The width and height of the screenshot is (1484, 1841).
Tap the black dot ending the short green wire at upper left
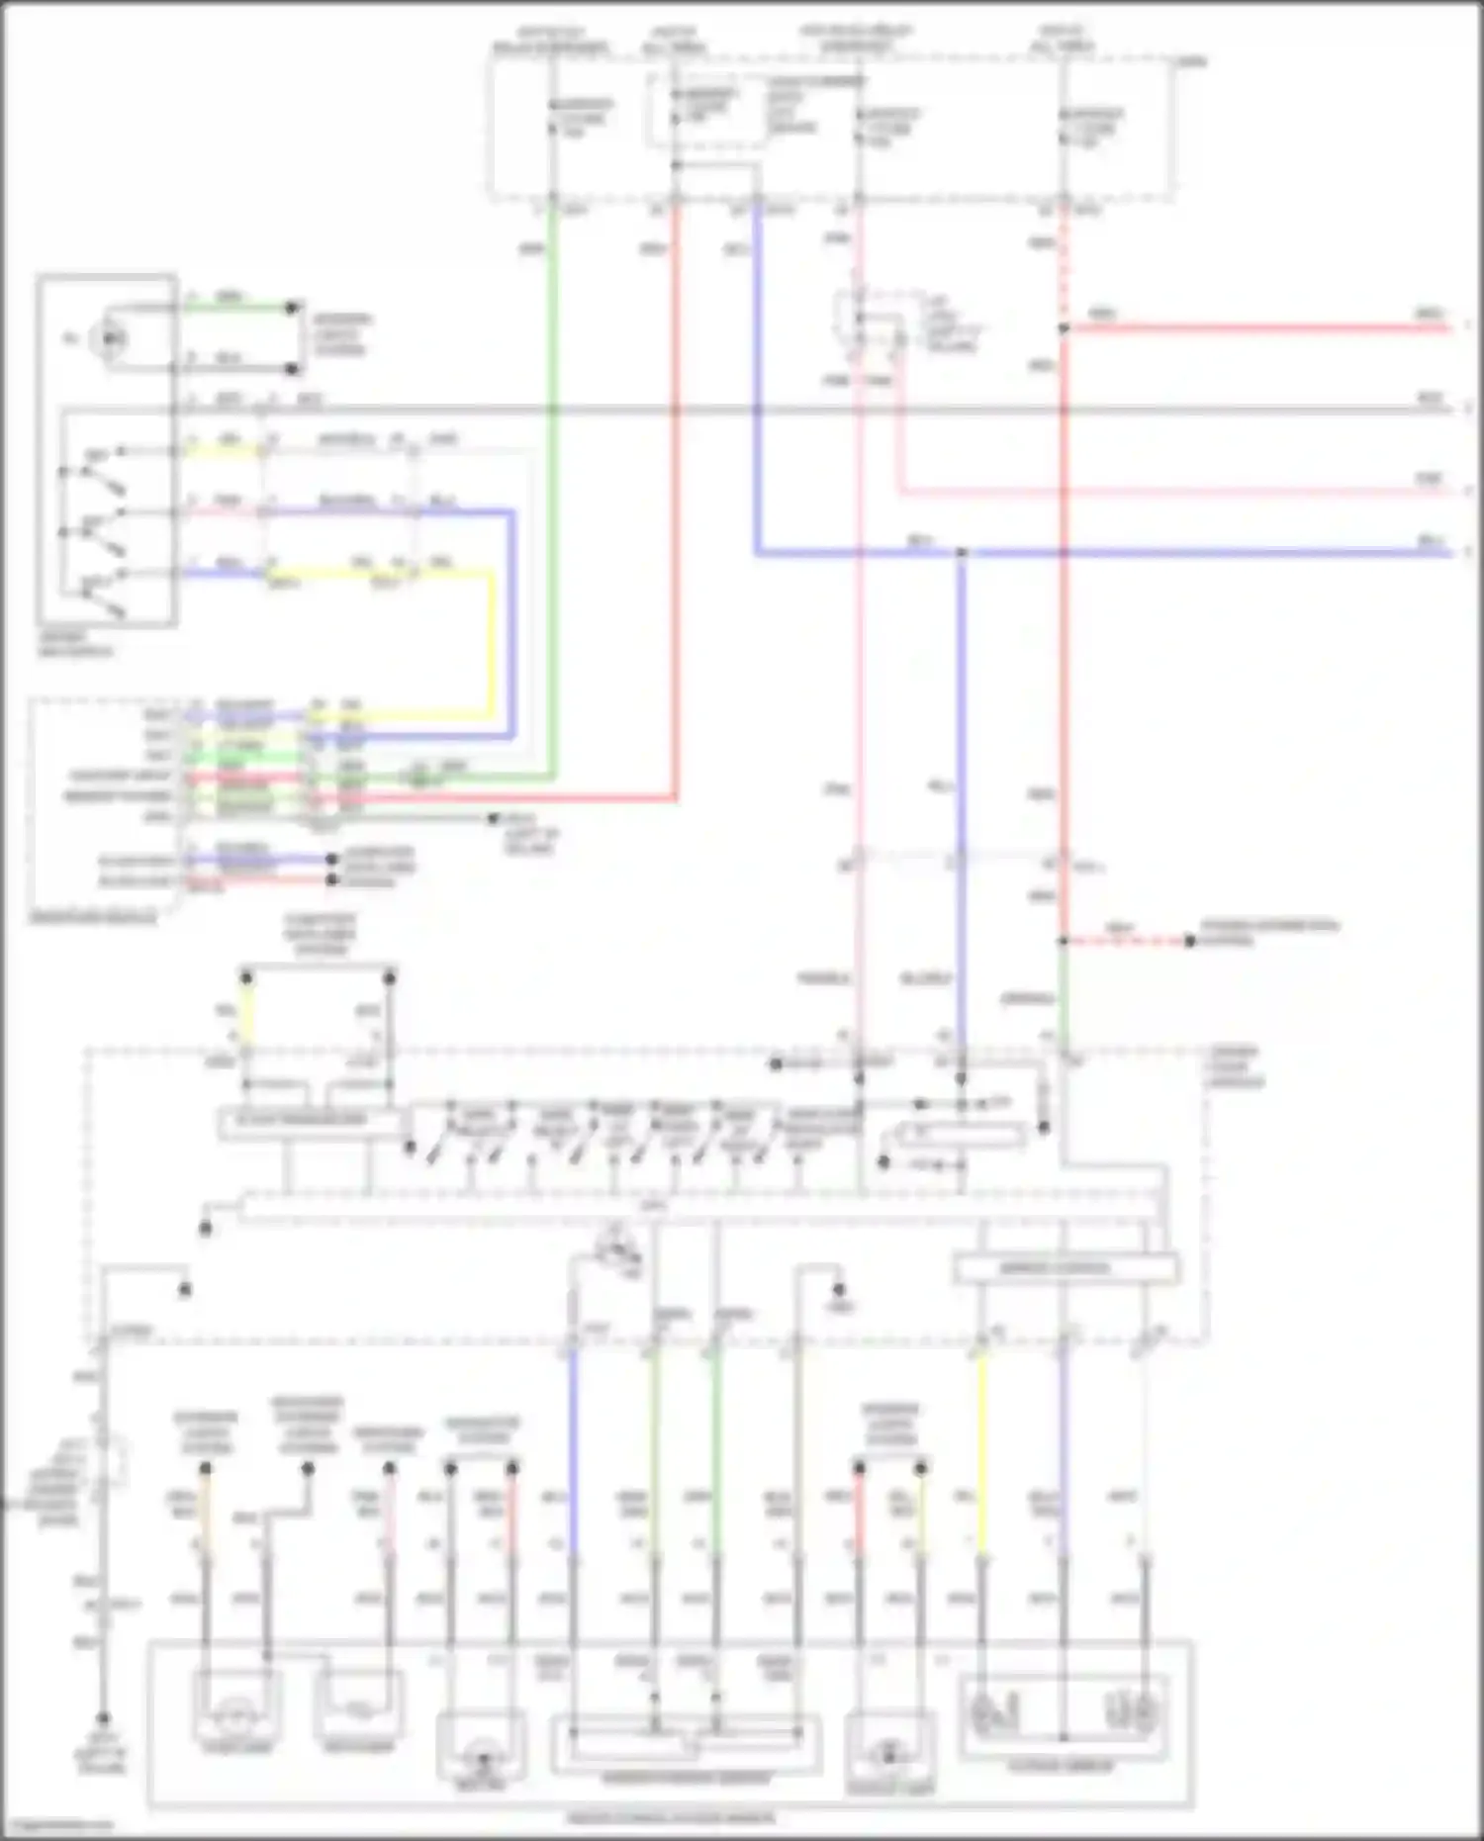[292, 308]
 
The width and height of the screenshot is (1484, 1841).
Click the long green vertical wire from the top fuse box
[552, 495]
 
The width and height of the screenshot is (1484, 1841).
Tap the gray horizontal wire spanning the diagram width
[791, 409]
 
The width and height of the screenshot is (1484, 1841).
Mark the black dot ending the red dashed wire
[1190, 941]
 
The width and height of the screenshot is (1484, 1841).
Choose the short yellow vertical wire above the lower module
[247, 1014]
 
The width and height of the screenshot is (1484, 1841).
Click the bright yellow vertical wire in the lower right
[981, 1444]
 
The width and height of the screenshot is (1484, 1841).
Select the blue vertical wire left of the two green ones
[573, 1444]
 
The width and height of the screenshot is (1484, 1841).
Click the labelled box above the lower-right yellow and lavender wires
[1067, 1268]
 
